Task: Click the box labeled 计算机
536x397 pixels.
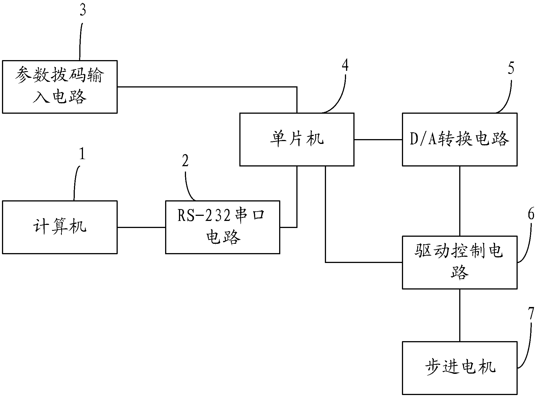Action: [60, 227]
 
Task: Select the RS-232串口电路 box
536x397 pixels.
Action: [222, 227]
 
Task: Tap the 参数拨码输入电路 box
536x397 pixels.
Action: [60, 87]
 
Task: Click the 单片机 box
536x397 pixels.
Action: [297, 139]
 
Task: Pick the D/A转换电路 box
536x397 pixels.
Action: [460, 139]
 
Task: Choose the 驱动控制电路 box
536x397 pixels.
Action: [460, 262]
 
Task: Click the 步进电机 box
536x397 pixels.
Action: [460, 368]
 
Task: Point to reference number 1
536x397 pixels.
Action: [82, 154]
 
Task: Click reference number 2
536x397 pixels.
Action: [185, 161]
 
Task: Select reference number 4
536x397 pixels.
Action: [345, 65]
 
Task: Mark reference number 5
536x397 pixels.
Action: [511, 69]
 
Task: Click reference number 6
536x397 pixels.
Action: [531, 214]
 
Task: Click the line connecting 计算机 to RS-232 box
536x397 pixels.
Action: [141, 227]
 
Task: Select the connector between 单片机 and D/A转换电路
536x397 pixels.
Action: [378, 139]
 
